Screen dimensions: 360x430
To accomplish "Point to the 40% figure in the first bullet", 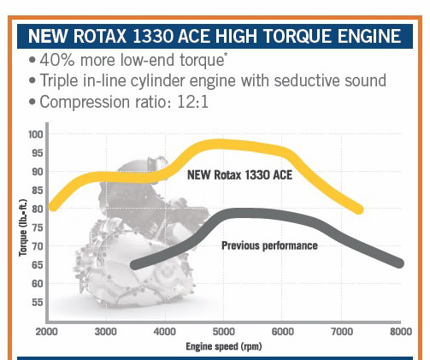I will [x=57, y=60].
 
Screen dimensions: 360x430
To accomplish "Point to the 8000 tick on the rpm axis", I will [x=399, y=331].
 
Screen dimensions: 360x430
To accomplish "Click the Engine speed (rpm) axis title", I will [x=223, y=346].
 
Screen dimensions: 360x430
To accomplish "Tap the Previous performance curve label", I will [x=269, y=245].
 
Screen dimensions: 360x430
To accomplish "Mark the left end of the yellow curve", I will [x=53, y=206].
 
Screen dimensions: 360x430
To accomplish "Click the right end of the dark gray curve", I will [x=398, y=263].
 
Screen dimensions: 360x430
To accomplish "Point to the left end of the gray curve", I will [x=134, y=265].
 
